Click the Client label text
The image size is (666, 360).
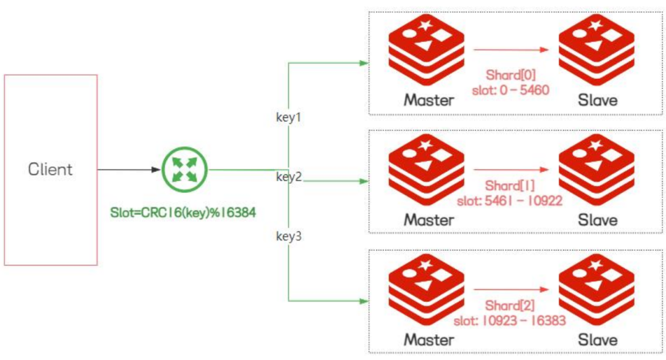click(50, 170)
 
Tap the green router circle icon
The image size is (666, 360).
click(185, 170)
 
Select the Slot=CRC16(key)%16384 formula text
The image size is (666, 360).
click(183, 212)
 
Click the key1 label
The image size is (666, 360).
click(289, 117)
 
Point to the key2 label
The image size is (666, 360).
click(289, 176)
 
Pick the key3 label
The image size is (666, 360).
click(289, 235)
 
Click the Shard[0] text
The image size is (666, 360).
click(511, 75)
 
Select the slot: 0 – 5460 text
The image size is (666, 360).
click(511, 90)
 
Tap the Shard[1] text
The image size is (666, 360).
click(510, 186)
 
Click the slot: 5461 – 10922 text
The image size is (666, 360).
click(510, 200)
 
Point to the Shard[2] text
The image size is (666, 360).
click(510, 305)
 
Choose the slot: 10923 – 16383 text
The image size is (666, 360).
click(510, 321)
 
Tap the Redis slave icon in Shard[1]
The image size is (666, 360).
click(596, 170)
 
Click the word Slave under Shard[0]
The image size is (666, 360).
click(598, 100)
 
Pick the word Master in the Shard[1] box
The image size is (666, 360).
click(429, 220)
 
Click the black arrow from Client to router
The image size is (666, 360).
click(129, 170)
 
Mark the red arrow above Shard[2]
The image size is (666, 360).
click(511, 290)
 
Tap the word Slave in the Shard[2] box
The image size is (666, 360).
click(598, 340)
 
